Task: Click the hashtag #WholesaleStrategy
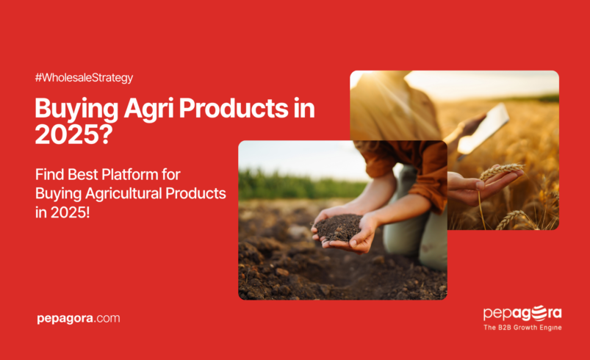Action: pos(83,77)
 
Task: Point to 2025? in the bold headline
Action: pos(68,134)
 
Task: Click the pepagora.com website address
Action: pos(78,318)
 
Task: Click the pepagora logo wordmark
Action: pos(522,314)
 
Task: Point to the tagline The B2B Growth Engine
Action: pos(522,328)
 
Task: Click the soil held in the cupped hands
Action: pos(338,227)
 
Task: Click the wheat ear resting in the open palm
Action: pos(500,172)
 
